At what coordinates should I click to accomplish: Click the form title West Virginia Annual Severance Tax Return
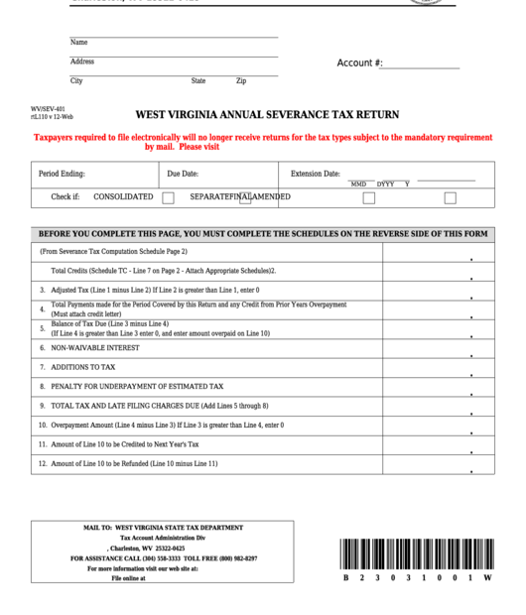267,114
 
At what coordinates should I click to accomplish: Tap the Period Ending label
62,174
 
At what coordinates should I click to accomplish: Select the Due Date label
183,174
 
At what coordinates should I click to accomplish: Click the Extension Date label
316,174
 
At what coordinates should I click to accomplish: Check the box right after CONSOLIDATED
169,197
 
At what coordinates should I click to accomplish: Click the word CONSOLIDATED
123,196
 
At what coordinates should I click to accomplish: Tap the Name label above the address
78,43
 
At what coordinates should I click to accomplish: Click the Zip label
241,81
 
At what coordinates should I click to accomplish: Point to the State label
198,81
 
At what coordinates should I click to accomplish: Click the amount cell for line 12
438,464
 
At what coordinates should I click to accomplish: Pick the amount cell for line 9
438,406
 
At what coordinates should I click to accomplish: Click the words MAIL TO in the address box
96,528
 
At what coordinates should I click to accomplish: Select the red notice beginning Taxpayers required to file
263,142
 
